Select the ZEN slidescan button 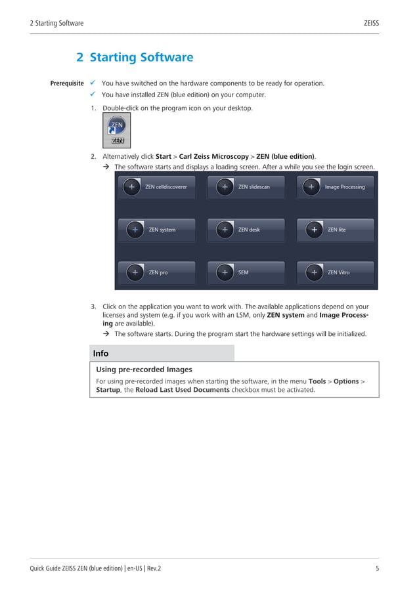(x=246, y=187)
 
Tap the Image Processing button (x=335, y=187)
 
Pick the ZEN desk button (x=246, y=230)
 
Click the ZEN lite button (x=335, y=230)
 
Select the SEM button (x=246, y=272)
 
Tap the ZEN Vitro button (x=335, y=272)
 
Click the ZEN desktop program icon (x=117, y=129)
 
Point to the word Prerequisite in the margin (x=67, y=84)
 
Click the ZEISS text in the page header (x=371, y=24)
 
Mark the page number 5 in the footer (x=377, y=568)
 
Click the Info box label (x=101, y=354)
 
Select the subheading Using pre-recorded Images (x=144, y=370)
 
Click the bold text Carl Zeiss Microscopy (x=213, y=157)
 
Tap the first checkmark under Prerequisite (x=93, y=83)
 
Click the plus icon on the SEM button (x=225, y=272)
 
